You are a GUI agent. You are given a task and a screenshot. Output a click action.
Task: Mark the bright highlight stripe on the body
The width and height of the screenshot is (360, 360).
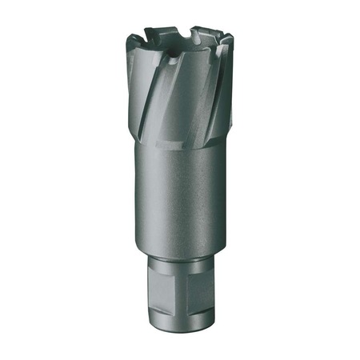pyautogui.click(x=164, y=200)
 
